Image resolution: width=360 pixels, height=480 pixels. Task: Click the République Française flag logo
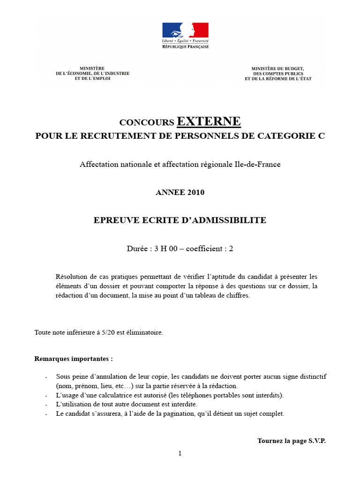185,31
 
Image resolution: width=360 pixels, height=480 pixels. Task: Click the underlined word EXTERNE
209,121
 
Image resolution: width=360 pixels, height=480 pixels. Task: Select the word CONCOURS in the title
147,123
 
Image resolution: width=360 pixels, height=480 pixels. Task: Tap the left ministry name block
92,74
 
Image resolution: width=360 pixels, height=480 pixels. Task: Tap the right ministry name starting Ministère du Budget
277,74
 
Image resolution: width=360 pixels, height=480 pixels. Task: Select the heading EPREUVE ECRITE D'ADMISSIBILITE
180,220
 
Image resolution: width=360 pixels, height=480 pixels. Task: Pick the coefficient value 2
231,248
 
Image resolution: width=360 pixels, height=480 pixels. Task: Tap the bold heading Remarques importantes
74,359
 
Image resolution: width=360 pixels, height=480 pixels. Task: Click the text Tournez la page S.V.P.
291,441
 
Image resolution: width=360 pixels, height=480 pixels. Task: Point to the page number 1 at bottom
180,453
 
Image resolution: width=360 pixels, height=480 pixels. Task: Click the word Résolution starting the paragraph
72,277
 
